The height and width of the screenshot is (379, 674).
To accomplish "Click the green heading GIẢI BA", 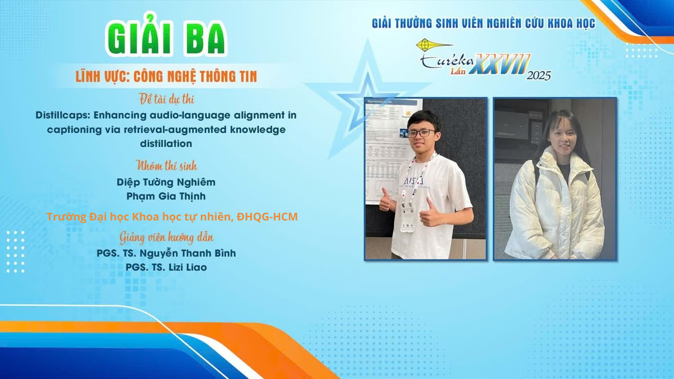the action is (x=166, y=35).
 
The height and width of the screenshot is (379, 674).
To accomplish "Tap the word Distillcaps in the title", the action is (x=62, y=115).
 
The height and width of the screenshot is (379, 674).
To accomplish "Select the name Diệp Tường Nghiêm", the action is (x=166, y=182).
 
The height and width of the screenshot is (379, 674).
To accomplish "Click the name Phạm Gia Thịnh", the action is (x=166, y=196).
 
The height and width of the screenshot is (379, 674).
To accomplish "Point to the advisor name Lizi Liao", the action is (x=187, y=267).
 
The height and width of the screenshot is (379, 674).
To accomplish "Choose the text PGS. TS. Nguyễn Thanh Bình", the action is (x=166, y=253).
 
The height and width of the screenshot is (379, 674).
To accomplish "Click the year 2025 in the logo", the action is (x=539, y=75).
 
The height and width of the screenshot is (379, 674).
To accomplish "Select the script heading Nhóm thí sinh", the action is (x=166, y=165).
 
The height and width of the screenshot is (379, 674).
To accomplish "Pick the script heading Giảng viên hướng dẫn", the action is (x=166, y=238).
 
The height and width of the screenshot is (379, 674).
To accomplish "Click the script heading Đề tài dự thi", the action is (x=166, y=99).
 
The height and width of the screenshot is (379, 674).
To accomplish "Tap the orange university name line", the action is (x=172, y=216).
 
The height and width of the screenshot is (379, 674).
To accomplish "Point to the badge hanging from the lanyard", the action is (x=407, y=216).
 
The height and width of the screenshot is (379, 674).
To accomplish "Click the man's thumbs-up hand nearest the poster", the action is (x=386, y=200).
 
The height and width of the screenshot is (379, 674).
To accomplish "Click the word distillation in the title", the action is (x=166, y=144).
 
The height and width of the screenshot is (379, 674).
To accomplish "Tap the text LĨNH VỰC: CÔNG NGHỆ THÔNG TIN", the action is (x=166, y=76).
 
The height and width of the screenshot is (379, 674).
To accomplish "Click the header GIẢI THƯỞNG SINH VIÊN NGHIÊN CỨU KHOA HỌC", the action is (x=483, y=23).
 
